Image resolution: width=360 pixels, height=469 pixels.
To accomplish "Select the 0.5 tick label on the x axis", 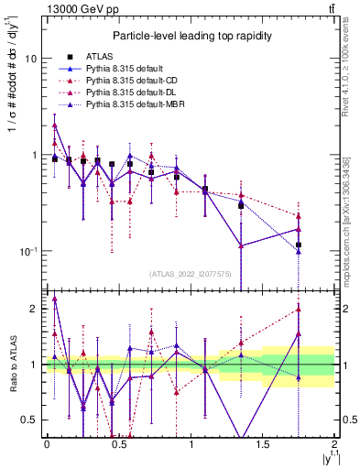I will coord(118,444).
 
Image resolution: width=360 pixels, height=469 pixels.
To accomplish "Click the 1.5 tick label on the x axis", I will coord(263,444).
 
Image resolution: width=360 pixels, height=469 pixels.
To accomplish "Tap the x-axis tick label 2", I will coord(334,444).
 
